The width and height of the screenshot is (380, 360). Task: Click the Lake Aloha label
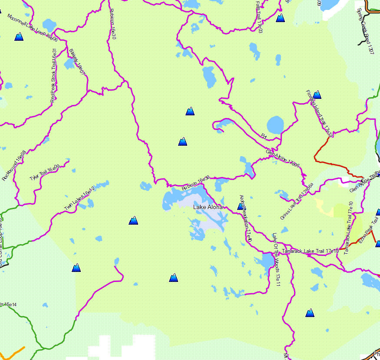click(x=208, y=207)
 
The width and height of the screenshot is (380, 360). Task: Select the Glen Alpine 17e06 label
click(x=282, y=158)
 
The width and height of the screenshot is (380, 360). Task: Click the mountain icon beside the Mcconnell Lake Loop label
click(x=19, y=37)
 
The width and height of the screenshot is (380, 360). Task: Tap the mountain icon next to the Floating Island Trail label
click(x=317, y=95)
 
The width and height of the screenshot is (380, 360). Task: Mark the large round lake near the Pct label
click(x=274, y=125)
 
